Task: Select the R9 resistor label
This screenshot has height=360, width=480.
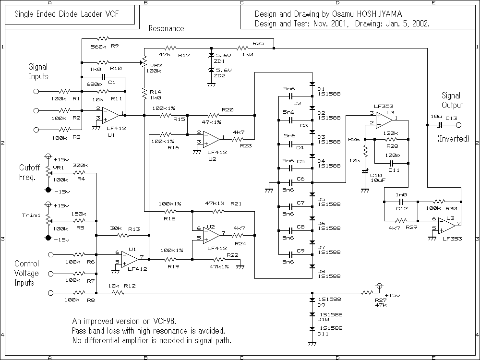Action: click(x=114, y=47)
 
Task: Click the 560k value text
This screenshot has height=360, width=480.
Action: click(x=98, y=47)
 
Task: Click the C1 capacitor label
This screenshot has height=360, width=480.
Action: click(x=112, y=83)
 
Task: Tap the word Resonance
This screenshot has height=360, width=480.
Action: click(x=166, y=28)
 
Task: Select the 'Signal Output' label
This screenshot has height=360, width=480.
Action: click(x=452, y=100)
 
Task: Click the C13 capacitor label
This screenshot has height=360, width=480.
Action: click(x=451, y=117)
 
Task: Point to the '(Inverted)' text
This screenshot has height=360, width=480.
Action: click(x=453, y=139)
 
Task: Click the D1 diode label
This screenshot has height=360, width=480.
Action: click(x=321, y=88)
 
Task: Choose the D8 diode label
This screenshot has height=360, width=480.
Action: click(x=321, y=271)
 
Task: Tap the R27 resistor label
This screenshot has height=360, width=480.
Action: click(x=367, y=300)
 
